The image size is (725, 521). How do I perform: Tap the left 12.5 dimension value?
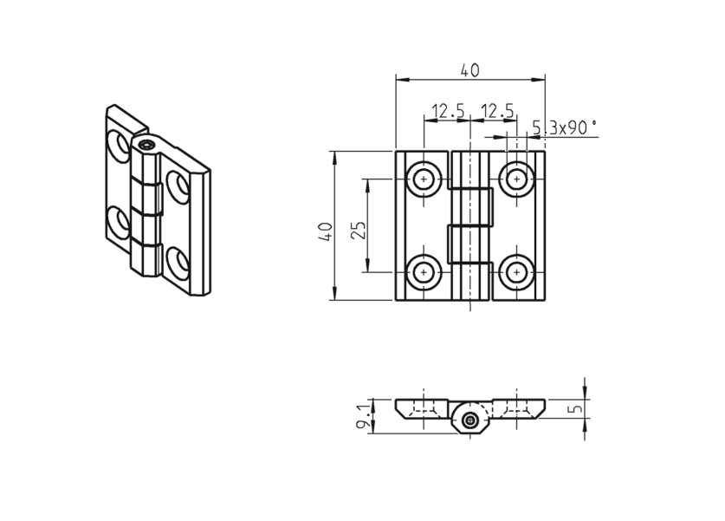click(x=448, y=111)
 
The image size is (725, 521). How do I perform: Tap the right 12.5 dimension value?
click(x=497, y=111)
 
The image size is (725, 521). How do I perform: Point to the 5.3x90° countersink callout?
click(x=565, y=127)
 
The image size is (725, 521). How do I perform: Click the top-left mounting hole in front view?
click(x=424, y=179)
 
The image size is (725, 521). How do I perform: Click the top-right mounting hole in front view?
click(x=517, y=179)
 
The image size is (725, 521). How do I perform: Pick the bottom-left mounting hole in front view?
click(x=424, y=271)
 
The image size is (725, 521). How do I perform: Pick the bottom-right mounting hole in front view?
click(x=517, y=271)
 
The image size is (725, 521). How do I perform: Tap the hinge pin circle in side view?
click(x=470, y=421)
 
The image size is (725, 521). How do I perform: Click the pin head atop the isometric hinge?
click(x=148, y=145)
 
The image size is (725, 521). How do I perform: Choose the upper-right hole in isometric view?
click(x=178, y=186)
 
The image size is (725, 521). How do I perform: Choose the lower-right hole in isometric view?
click(x=178, y=263)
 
